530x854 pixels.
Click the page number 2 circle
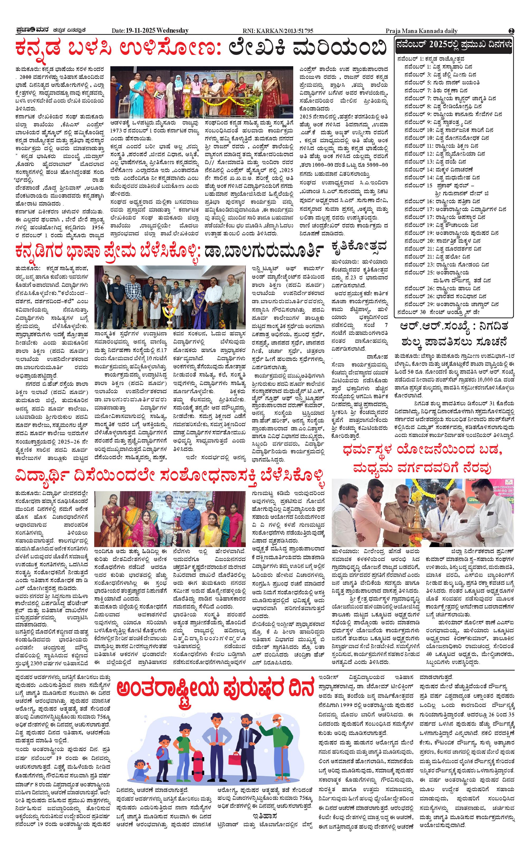(x=512, y=31)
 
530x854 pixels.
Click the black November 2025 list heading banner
(x=453, y=45)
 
